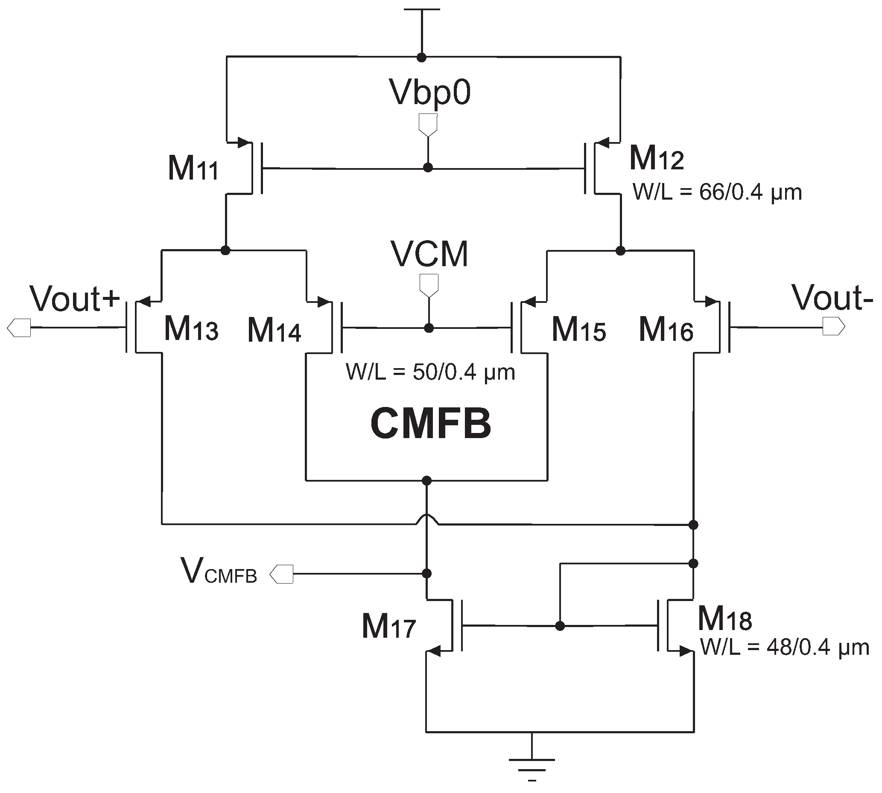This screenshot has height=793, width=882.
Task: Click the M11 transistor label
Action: coord(193,168)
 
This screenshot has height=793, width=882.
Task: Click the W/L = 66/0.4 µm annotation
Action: coord(717,192)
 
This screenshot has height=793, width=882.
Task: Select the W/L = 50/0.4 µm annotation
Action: coord(430,372)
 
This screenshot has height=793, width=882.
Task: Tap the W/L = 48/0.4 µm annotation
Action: coord(784,647)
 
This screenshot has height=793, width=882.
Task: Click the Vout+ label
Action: coord(75,299)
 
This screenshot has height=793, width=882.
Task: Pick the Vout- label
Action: coord(832,298)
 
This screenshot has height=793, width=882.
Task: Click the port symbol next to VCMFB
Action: coord(282,574)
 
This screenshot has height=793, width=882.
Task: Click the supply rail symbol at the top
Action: coord(422,9)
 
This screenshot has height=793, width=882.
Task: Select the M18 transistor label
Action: coord(724,619)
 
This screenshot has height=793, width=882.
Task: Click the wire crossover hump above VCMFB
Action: coord(427,519)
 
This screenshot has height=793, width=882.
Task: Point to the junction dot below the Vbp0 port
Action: coord(428,168)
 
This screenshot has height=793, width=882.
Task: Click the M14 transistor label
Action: coord(274,330)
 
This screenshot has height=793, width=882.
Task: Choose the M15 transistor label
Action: coord(578,330)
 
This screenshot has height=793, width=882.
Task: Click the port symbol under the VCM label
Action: coord(429,285)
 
